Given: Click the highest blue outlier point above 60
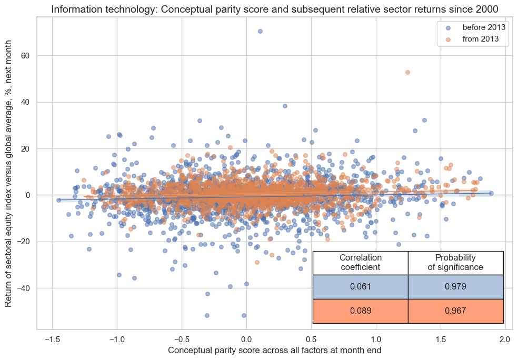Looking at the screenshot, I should click(x=260, y=31).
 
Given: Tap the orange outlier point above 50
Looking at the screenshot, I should click(x=407, y=72).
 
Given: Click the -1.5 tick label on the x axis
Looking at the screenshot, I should click(x=52, y=338).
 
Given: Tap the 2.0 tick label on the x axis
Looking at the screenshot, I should click(x=505, y=338).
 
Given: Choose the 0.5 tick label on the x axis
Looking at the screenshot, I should click(x=311, y=338).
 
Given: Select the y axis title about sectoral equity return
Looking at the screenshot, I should click(x=9, y=173).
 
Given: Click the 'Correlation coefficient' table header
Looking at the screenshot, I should click(x=360, y=263).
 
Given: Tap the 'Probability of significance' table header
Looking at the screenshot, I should click(x=455, y=263).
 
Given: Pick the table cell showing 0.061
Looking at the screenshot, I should click(x=360, y=287).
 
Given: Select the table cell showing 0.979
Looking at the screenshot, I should click(x=455, y=287).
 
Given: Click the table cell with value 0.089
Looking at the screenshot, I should click(x=360, y=311).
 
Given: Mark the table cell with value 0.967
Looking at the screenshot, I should click(x=455, y=311).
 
